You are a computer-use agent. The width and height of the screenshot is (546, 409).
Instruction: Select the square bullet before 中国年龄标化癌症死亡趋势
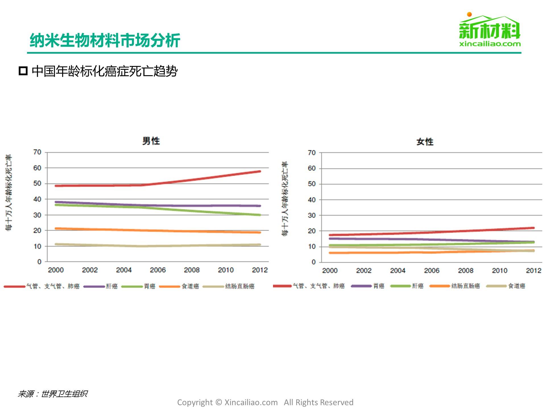23,71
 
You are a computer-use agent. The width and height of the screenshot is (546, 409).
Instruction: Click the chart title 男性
151,141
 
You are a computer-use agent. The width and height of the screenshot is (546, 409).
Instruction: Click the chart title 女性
425,142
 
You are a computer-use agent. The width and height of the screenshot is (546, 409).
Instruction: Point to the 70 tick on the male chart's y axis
37,152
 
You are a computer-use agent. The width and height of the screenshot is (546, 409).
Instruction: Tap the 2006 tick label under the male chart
158,270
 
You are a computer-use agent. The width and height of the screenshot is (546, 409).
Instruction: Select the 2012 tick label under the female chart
533,271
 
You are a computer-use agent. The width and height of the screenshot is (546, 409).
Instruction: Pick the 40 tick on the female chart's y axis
312,200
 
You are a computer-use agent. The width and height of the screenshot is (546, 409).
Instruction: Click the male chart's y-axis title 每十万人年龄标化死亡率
9,193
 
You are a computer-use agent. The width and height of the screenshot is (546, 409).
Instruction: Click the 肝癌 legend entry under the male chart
111,286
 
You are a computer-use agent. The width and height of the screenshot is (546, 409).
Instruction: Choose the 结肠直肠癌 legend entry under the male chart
239,286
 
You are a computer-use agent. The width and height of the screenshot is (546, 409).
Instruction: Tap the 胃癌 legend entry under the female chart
379,286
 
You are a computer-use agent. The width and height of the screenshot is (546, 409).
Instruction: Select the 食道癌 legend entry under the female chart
516,286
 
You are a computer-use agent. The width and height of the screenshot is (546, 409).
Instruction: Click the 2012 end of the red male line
259,171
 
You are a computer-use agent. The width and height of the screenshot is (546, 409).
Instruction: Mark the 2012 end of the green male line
259,215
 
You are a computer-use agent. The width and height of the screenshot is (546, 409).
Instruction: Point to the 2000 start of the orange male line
56,228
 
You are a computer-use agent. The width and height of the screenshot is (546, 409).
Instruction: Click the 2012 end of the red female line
533,228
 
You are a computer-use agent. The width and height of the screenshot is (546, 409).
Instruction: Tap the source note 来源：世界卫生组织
53,394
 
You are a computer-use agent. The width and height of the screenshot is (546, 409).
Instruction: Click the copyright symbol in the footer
218,402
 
